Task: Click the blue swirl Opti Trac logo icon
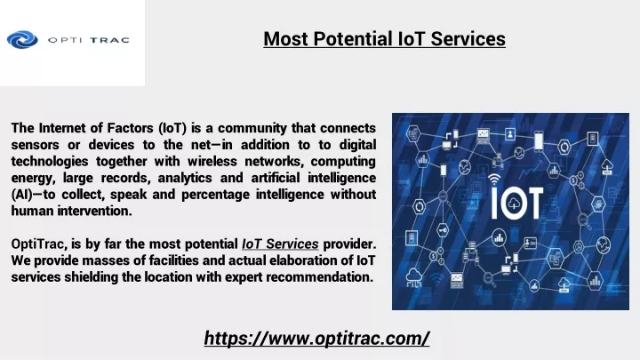click(x=22, y=40)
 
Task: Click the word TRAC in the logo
click(x=109, y=40)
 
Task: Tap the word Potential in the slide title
click(x=353, y=39)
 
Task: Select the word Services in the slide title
click(x=468, y=39)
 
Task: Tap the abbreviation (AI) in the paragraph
click(x=21, y=195)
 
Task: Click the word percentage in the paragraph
click(x=215, y=195)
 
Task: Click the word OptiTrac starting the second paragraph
click(x=39, y=244)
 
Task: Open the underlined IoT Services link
click(x=280, y=244)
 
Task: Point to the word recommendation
click(x=320, y=277)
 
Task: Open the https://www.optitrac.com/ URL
click(x=316, y=339)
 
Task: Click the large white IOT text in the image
click(x=516, y=203)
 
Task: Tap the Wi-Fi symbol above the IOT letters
click(x=494, y=179)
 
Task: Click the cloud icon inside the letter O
click(x=514, y=203)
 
